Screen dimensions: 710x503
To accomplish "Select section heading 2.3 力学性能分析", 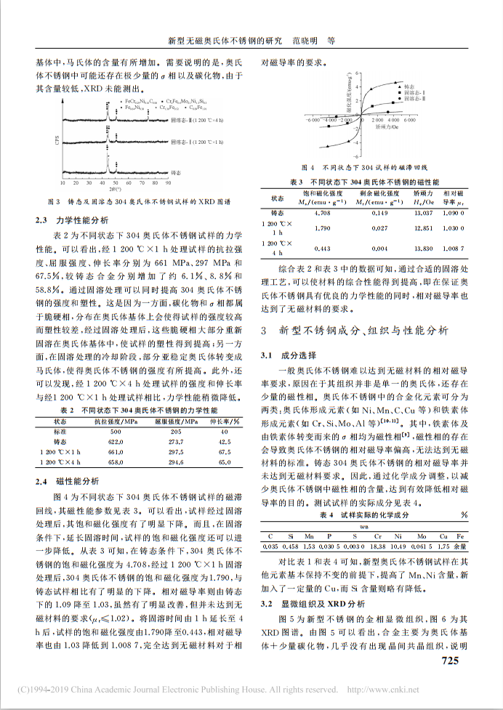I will pos(73,219).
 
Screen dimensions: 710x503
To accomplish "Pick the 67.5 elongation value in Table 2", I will pos(224,451).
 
